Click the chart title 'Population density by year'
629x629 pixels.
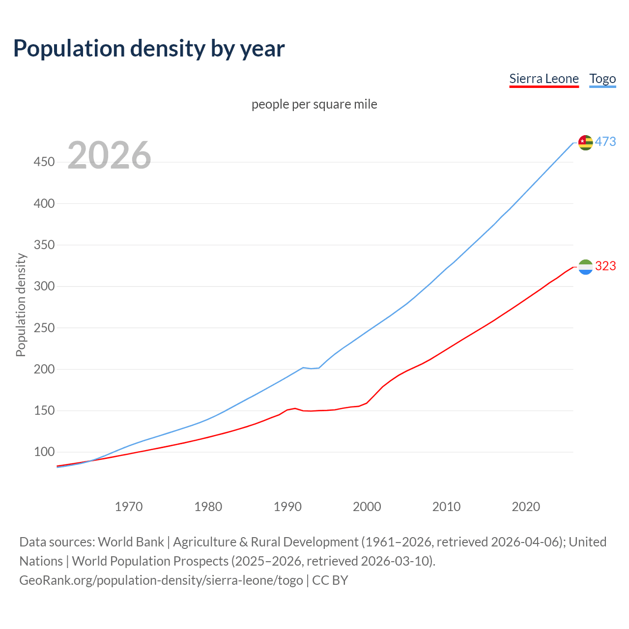149,48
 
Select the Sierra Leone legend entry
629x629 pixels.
543,79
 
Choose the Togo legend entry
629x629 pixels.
602,79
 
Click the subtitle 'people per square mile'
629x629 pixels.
314,104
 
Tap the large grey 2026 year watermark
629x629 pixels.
109,155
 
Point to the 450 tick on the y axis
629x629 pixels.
44,162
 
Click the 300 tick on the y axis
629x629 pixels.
44,286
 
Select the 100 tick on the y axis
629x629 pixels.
44,452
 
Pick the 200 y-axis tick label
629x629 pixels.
44,369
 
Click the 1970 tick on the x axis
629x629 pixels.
129,507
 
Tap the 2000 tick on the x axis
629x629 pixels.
367,507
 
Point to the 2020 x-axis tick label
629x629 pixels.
526,507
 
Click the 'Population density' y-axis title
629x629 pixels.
21,305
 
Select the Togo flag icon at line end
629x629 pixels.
585,143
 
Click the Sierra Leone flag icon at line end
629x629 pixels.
585,267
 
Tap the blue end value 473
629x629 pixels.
605,142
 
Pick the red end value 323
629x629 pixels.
605,266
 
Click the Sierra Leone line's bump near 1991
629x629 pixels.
295,408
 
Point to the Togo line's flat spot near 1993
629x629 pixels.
311,368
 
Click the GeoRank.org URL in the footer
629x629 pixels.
161,580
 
